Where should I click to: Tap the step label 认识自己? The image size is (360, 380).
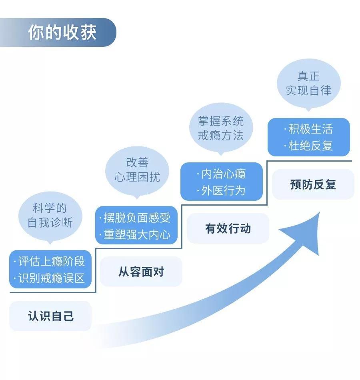51,316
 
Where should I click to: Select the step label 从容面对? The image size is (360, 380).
141,272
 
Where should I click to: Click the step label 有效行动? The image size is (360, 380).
228,228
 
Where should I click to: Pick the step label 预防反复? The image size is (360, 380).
313,184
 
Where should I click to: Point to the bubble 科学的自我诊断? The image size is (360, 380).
50,216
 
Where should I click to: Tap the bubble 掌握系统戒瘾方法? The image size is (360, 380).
221,128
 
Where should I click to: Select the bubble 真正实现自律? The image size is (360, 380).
308,83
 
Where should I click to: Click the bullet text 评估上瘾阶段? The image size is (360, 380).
52,262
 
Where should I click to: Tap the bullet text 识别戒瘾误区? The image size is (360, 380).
52,278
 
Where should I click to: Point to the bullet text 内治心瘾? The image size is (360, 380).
223,174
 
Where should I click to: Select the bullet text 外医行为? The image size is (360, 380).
223,191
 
